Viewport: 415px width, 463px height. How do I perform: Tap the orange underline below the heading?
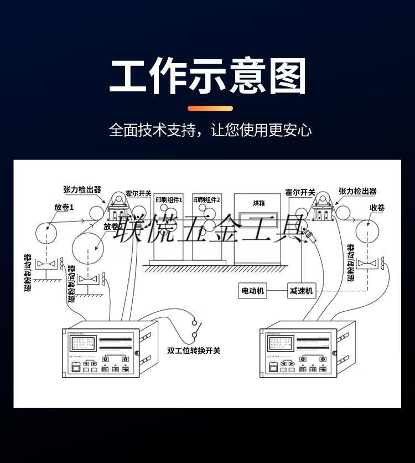210,108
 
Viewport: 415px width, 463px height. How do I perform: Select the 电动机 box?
252,290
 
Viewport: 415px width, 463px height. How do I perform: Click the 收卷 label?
377,208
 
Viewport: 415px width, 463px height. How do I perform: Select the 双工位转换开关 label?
193,351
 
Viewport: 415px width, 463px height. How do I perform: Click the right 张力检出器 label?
357,191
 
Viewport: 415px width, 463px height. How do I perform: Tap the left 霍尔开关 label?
138,193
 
